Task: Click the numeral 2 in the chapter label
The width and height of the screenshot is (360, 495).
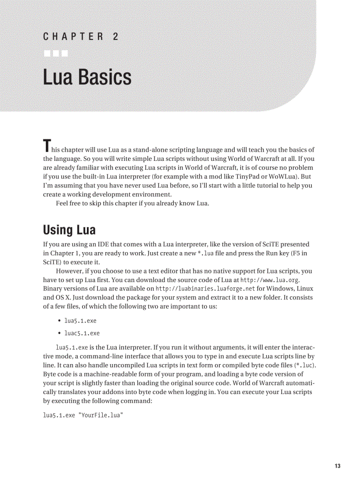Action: coord(115,37)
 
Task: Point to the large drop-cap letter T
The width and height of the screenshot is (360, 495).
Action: coord(46,145)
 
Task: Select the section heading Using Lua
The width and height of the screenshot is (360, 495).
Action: coord(69,230)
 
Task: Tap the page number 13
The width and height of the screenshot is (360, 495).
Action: coord(337,466)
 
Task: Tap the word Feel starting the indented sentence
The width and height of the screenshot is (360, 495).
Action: coord(63,203)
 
